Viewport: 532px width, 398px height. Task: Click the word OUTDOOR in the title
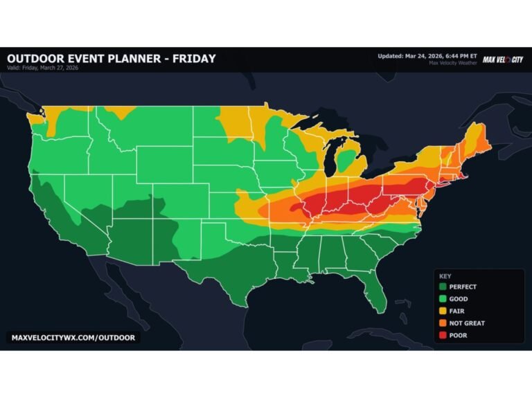coord(36,59)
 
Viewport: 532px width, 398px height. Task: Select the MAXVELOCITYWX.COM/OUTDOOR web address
coord(73,338)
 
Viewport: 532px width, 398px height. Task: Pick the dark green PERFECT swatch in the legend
coord(441,287)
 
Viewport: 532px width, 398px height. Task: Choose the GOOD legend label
coord(459,299)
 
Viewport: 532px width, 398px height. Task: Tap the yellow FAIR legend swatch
coord(441,311)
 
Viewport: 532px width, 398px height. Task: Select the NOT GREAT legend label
coord(468,323)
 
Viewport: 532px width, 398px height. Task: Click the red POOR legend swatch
coord(441,336)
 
